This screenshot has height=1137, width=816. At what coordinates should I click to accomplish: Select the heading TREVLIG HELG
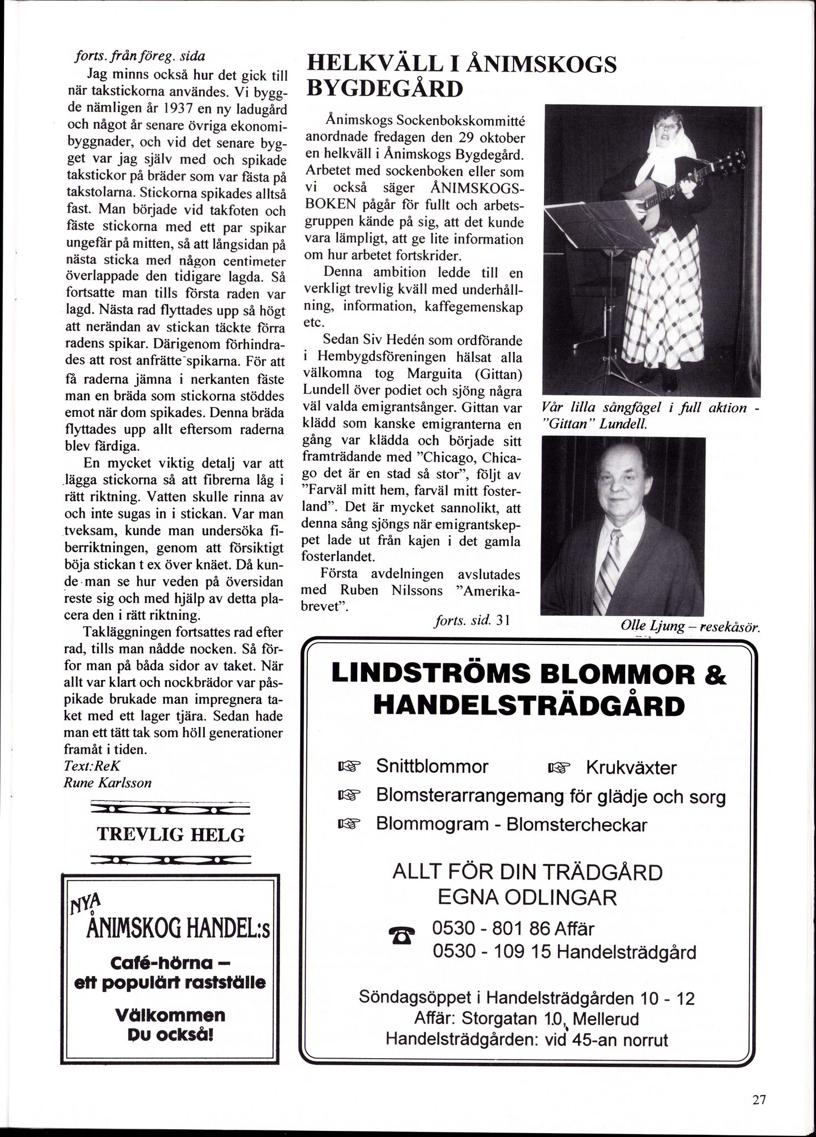(170, 834)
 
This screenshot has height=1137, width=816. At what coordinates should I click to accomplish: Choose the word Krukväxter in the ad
(631, 767)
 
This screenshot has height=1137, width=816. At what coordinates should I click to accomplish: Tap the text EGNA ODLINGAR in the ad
(527, 897)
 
